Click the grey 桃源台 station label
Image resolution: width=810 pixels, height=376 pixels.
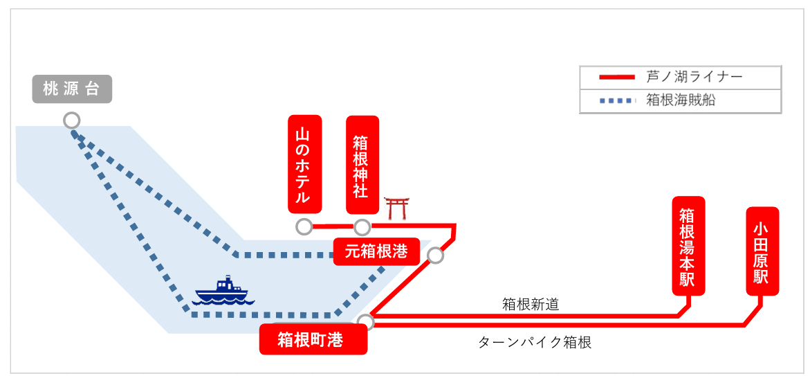pyautogui.click(x=72, y=89)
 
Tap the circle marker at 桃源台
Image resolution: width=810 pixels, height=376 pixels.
pyautogui.click(x=71, y=120)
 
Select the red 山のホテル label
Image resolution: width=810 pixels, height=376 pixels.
pyautogui.click(x=304, y=164)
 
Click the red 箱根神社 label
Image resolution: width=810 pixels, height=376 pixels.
pyautogui.click(x=362, y=165)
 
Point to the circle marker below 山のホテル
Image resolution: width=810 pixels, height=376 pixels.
pyautogui.click(x=304, y=226)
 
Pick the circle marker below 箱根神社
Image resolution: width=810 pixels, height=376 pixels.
pyautogui.click(x=362, y=226)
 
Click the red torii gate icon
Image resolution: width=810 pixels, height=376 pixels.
pyautogui.click(x=396, y=208)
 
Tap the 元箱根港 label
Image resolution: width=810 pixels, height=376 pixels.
pyautogui.click(x=376, y=251)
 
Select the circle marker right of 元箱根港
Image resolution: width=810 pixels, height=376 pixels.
pyautogui.click(x=435, y=256)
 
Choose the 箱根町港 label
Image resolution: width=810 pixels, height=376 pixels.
pyautogui.click(x=313, y=339)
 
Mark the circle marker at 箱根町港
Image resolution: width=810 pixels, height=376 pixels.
pyautogui.click(x=365, y=321)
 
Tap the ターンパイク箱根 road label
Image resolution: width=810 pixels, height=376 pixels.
pyautogui.click(x=535, y=342)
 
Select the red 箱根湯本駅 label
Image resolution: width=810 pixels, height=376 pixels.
pyautogui.click(x=688, y=247)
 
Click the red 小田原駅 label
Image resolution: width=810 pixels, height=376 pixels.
pyautogui.click(x=762, y=251)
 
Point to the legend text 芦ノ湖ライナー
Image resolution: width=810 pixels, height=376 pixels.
pyautogui.click(x=694, y=77)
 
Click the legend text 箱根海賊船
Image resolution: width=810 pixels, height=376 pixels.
pyautogui.click(x=681, y=100)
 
